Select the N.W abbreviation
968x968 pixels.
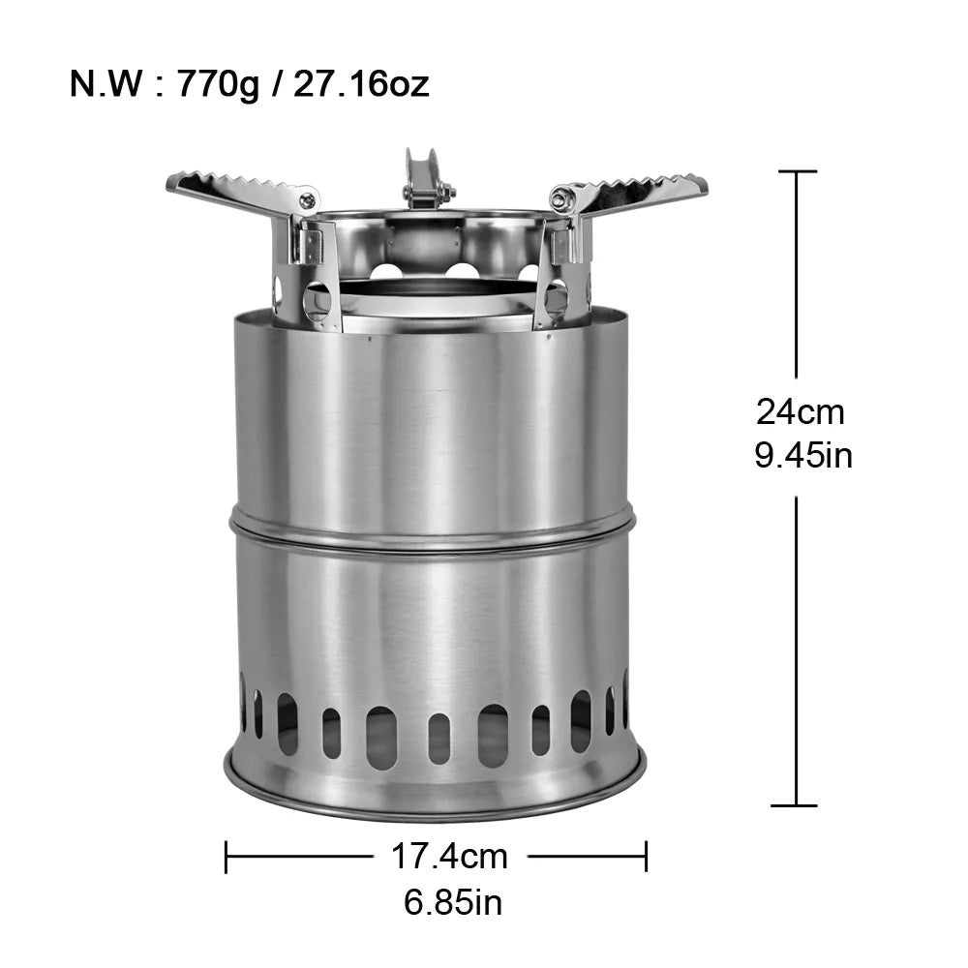pyautogui.click(x=104, y=84)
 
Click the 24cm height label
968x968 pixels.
pyautogui.click(x=801, y=412)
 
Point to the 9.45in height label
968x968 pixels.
pyautogui.click(x=803, y=455)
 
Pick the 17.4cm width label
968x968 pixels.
pyautogui.click(x=449, y=856)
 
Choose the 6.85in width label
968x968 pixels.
pyautogui.click(x=453, y=903)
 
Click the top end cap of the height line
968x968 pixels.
pyautogui.click(x=797, y=171)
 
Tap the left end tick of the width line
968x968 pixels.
pyautogui.click(x=226, y=856)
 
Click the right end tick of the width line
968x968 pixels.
pyautogui.click(x=646, y=856)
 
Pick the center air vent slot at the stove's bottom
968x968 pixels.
pyautogui.click(x=439, y=739)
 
